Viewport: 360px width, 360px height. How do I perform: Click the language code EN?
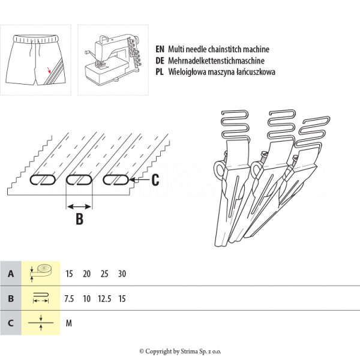click(x=160, y=50)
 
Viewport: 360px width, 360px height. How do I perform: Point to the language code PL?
click(x=160, y=72)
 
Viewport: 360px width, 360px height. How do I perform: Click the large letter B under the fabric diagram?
click(x=79, y=220)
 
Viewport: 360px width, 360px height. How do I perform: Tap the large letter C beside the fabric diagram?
click(x=155, y=179)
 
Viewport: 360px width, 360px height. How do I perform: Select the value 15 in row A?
click(x=70, y=274)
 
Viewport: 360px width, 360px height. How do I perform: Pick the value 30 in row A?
click(x=123, y=274)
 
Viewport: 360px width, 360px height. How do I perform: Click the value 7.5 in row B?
click(x=70, y=298)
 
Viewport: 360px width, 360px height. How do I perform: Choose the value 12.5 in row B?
click(x=104, y=298)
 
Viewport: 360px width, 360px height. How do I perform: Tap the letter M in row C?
click(x=69, y=323)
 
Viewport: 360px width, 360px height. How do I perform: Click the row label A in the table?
click(x=10, y=274)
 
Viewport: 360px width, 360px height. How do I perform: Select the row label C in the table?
click(x=10, y=323)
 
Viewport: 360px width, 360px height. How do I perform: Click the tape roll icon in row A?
click(x=41, y=272)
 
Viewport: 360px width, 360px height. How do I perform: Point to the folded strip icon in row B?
click(x=41, y=298)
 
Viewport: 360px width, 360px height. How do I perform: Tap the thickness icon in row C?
click(x=41, y=323)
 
